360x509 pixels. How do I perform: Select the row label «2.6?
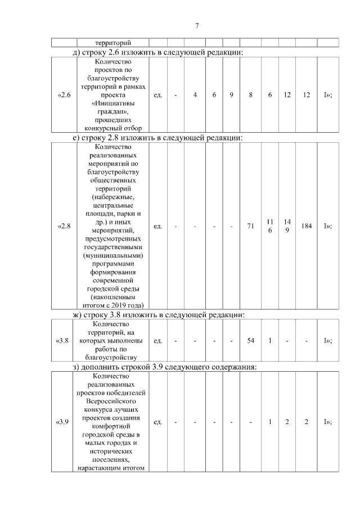pyautogui.click(x=64, y=95)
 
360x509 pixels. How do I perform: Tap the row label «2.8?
pyautogui.click(x=64, y=226)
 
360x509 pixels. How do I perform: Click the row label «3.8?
pyautogui.click(x=64, y=341)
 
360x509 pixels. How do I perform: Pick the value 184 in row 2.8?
pyautogui.click(x=306, y=226)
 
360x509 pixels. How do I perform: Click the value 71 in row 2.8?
pyautogui.click(x=251, y=226)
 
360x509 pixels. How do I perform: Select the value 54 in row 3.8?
pyautogui.click(x=251, y=341)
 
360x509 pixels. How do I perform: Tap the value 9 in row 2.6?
pyautogui.click(x=231, y=95)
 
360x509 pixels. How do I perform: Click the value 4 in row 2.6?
pyautogui.click(x=195, y=95)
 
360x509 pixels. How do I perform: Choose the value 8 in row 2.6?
pyautogui.click(x=251, y=95)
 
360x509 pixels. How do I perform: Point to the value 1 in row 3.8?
pyautogui.click(x=270, y=341)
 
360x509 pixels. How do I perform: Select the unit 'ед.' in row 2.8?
pyautogui.click(x=158, y=226)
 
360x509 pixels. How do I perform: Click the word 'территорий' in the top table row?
pyautogui.click(x=113, y=42)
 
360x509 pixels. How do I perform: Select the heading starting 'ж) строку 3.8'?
pyautogui.click(x=158, y=314)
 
